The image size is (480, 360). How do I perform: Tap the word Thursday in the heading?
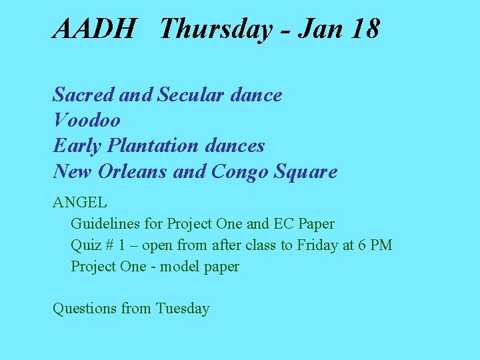point(216,29)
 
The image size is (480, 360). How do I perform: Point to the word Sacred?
point(84,95)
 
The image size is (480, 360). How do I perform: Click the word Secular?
point(191,95)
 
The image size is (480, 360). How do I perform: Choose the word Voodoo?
point(87,120)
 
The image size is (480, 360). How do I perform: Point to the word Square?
point(307,172)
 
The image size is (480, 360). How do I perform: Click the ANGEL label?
point(80,202)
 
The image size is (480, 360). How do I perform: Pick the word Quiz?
point(85,245)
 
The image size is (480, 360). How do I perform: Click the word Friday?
point(317,245)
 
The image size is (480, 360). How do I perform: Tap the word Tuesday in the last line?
point(183,309)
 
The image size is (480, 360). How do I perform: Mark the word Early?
point(69,145)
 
